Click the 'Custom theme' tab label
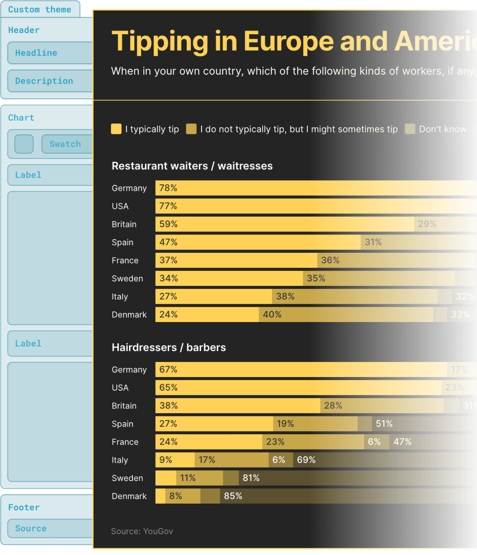click(x=39, y=9)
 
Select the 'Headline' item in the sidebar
click(x=36, y=53)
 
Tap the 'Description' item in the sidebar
click(x=44, y=81)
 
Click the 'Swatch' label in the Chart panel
click(x=65, y=144)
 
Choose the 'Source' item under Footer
click(x=31, y=529)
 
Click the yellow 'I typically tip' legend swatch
click(x=116, y=129)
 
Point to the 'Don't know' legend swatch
click(x=410, y=129)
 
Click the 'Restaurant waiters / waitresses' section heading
click(x=192, y=166)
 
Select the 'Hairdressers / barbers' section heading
click(x=169, y=347)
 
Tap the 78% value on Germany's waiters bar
click(x=168, y=188)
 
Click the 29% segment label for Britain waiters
click(x=427, y=224)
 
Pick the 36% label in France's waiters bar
click(x=330, y=260)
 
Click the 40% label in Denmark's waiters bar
click(x=272, y=315)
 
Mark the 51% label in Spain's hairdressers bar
click(x=384, y=424)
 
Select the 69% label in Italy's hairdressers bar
click(x=306, y=460)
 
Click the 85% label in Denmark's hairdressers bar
click(x=233, y=496)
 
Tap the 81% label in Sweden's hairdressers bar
click(x=251, y=478)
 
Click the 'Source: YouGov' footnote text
click(x=142, y=531)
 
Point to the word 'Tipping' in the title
click(x=160, y=42)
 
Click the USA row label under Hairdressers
click(x=120, y=388)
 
